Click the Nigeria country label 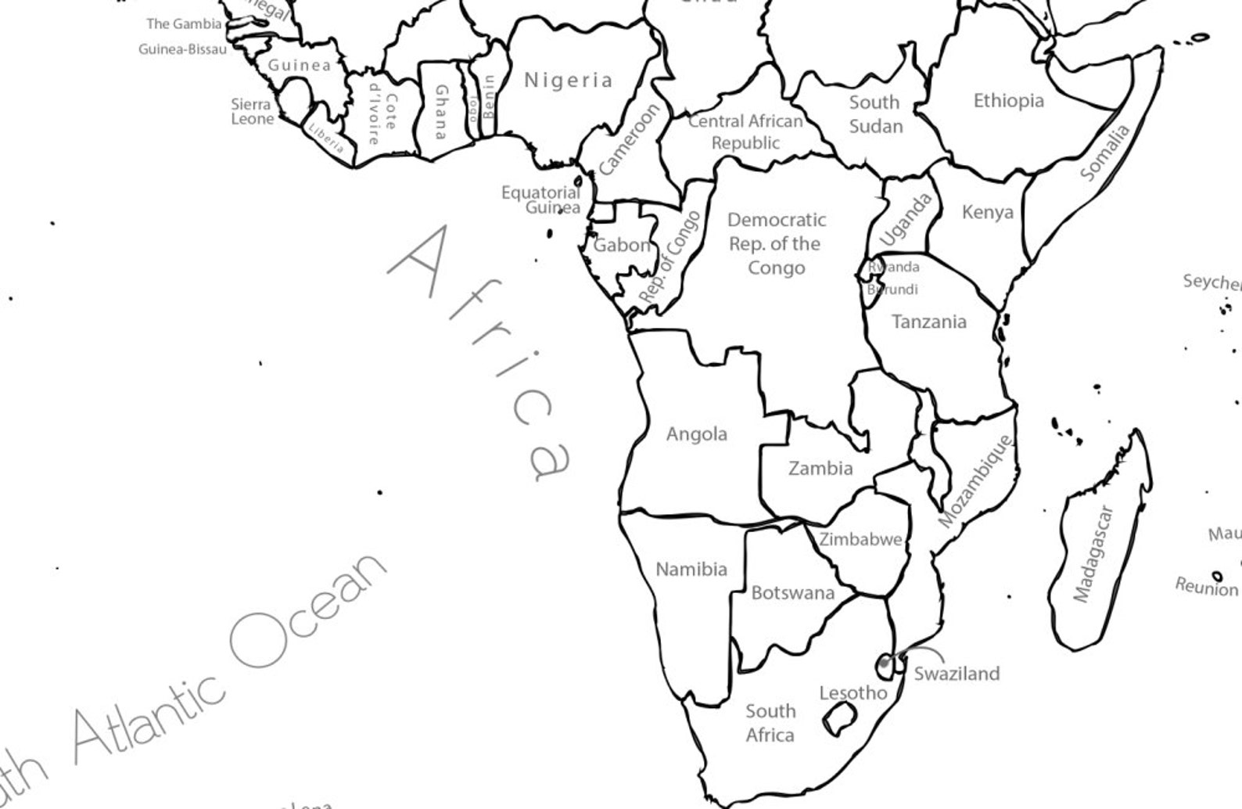[569, 80]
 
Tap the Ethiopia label [1008, 101]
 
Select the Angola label [696, 434]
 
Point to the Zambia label [820, 469]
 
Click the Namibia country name [691, 570]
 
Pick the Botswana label [792, 593]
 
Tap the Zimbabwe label [860, 540]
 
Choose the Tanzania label [928, 322]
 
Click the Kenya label [987, 212]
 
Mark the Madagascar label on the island [1093, 554]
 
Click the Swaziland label [957, 674]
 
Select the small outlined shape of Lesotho [839, 717]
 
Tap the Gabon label [622, 246]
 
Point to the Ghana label [441, 112]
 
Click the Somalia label [1104, 153]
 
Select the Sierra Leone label [252, 112]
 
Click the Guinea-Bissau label [182, 49]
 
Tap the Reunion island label [1206, 587]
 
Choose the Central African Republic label [745, 132]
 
